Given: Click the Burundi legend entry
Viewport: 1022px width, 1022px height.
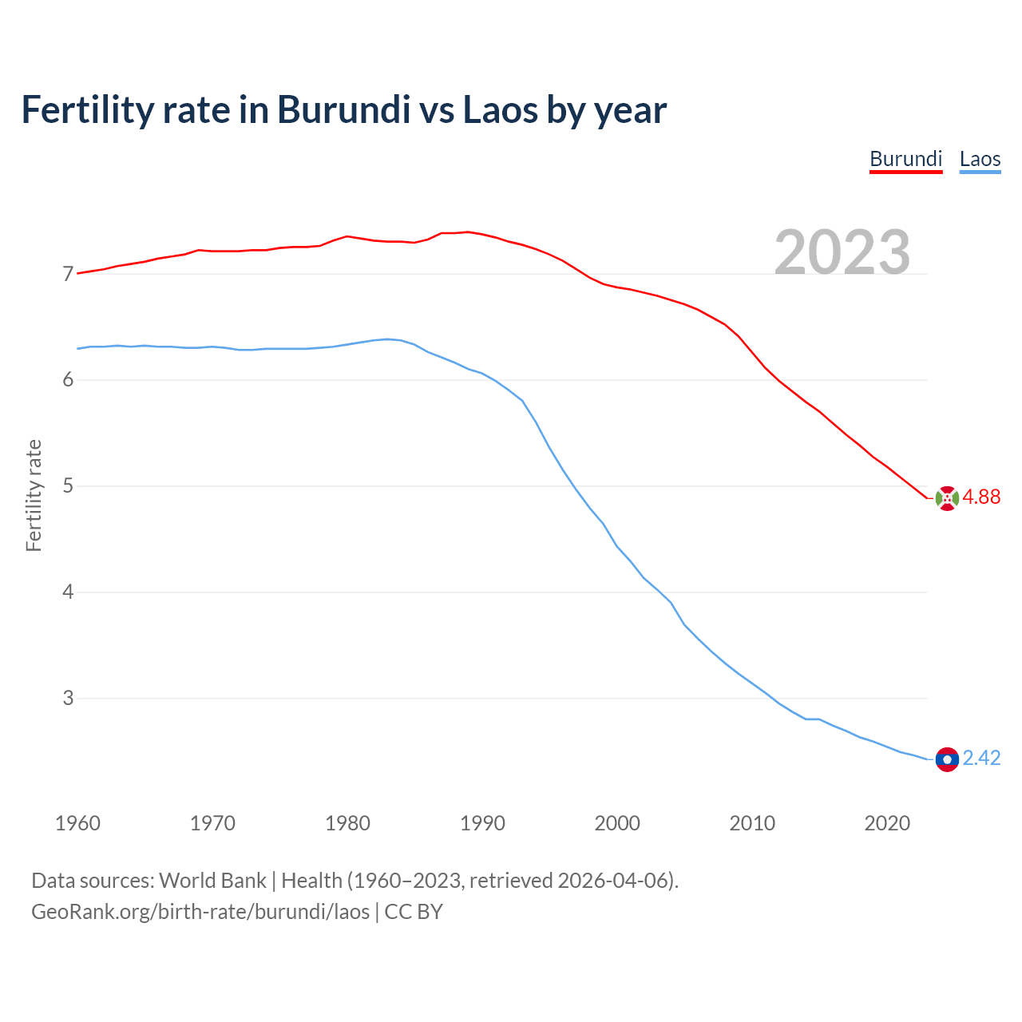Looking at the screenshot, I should point(905,159).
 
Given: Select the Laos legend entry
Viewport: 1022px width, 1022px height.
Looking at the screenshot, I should point(980,159).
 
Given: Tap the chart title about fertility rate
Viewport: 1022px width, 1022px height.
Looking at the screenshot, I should point(343,109).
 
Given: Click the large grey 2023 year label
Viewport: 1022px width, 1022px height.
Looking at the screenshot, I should point(842,252).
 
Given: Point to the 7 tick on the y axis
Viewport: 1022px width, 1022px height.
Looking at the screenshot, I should point(68,275).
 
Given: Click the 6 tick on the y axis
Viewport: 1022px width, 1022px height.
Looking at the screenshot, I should point(68,380).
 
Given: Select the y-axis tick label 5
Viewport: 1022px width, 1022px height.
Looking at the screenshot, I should point(68,486).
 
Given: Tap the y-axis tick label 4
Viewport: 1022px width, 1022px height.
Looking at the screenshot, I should point(68,592).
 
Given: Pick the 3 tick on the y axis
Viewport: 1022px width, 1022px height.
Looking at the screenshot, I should point(68,699).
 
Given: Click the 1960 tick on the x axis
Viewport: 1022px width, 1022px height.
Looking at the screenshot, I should point(77,823).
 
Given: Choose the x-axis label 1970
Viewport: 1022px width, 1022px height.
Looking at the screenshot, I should point(212,823).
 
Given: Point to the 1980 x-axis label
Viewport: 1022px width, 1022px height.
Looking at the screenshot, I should point(347,823).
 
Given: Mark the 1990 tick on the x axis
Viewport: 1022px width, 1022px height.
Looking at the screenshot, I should point(482,823).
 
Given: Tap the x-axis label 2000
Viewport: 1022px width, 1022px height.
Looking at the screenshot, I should point(617,823).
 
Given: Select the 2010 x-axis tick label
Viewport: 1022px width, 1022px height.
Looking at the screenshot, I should point(752,823).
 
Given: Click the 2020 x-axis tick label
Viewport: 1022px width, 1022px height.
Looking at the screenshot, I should point(887,823).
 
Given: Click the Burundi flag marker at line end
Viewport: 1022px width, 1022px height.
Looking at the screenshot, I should point(947,498).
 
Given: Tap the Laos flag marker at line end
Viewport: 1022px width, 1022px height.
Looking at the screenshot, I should point(947,759).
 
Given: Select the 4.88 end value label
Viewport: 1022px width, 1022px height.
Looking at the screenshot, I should point(981,497).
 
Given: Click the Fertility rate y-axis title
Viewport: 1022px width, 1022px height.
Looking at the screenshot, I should point(34,495).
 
